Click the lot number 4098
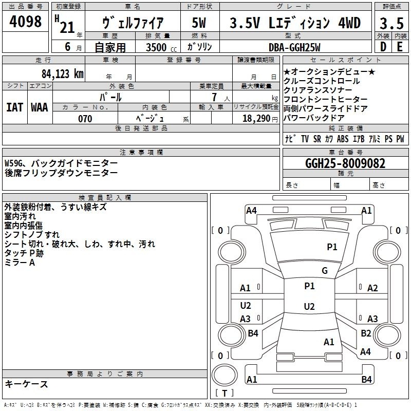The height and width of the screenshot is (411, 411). (x=25, y=22)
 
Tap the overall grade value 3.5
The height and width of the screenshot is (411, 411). (x=391, y=23)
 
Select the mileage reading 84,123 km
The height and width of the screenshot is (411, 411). (x=62, y=74)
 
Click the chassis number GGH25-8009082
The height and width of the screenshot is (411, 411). (x=345, y=163)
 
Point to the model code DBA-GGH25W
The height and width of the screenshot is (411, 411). (x=294, y=47)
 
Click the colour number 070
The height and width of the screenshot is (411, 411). (x=85, y=119)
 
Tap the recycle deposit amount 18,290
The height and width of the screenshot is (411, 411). (x=256, y=119)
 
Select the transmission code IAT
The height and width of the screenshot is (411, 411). (x=15, y=107)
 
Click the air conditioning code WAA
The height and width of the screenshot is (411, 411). (x=40, y=107)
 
